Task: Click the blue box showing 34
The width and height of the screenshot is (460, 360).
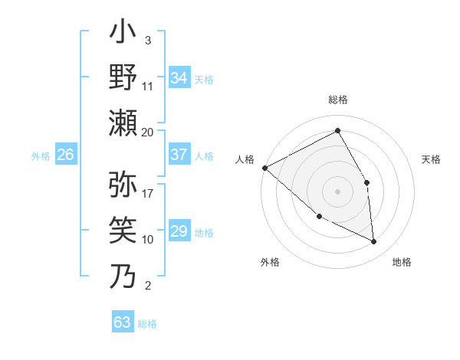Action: point(179,78)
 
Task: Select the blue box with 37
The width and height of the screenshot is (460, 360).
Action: point(179,155)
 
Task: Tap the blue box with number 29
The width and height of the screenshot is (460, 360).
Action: point(179,231)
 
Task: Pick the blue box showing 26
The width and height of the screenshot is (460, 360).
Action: point(65,155)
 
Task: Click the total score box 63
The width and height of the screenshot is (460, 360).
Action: point(123,322)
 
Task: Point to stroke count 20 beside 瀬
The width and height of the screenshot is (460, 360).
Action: point(148,132)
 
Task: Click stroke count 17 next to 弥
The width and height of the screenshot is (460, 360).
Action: point(148,194)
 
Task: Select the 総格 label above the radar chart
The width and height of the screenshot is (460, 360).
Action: point(337,100)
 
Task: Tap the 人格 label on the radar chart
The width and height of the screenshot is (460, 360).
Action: point(245,159)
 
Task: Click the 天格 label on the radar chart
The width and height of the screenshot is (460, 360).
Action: point(432,159)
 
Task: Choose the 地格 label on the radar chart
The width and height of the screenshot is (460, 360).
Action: point(402,262)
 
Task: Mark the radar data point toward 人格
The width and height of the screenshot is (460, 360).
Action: point(264,167)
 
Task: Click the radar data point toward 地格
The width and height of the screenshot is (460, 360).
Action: point(373,241)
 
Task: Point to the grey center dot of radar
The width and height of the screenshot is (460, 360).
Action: point(337,191)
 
